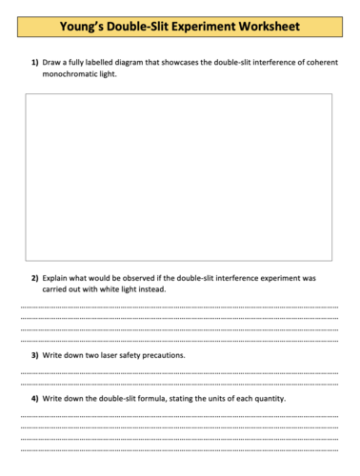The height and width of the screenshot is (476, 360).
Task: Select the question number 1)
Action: pyautogui.click(x=34, y=63)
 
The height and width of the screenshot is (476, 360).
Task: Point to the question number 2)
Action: pyautogui.click(x=34, y=278)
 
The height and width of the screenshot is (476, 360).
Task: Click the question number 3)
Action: pyautogui.click(x=34, y=354)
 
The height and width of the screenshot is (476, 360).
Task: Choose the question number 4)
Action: pyautogui.click(x=34, y=397)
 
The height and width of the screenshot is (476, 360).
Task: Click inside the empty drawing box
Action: pyautogui.click(x=178, y=176)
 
